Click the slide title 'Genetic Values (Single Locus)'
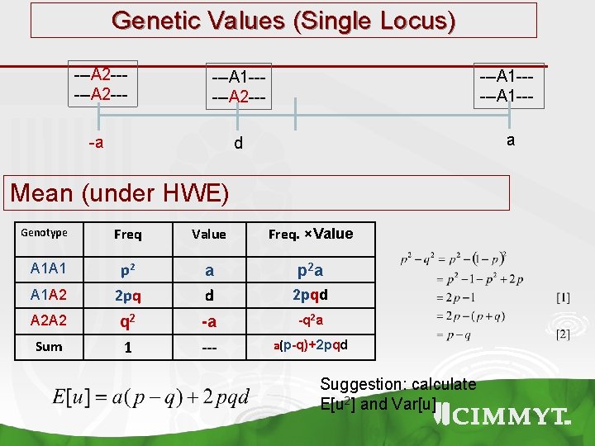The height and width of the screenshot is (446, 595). point(283,20)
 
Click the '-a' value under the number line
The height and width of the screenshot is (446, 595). point(97,143)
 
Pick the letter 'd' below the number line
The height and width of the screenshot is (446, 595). point(239,144)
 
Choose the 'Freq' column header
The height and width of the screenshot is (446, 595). point(128,235)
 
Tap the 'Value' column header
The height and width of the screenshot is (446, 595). point(208,235)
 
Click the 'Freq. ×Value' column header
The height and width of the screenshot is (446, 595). point(311,234)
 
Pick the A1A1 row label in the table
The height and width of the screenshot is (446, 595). point(49,269)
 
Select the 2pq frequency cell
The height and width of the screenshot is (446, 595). point(128,295)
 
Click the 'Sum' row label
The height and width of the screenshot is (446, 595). point(49,346)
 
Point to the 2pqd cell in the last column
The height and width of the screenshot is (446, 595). point(311,294)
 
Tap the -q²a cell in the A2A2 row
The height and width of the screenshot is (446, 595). point(311,320)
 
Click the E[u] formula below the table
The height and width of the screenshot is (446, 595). point(150,397)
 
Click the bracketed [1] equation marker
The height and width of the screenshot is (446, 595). point(563,296)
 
